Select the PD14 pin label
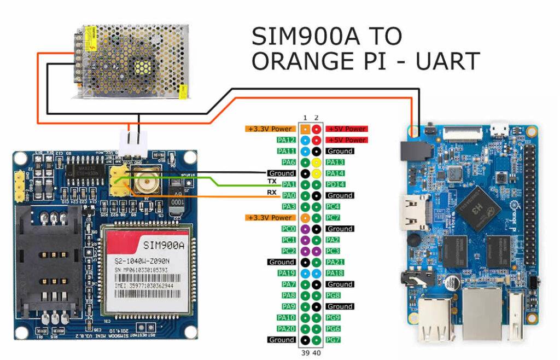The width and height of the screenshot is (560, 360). [x=335, y=184]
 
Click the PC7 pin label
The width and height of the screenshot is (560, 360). [x=333, y=218]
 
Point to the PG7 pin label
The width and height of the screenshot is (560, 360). [x=333, y=340]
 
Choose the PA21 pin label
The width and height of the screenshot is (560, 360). [x=335, y=262]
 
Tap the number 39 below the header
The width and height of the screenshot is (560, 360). [x=305, y=353]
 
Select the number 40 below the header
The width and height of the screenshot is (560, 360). [x=317, y=353]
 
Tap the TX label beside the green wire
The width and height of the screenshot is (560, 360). [x=272, y=181]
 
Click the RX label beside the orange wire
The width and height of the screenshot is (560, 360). [x=272, y=192]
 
